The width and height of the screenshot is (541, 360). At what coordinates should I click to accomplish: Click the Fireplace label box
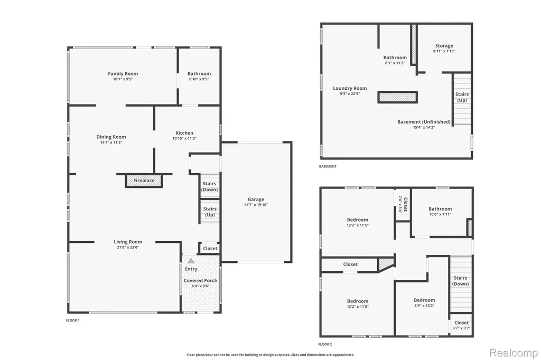tap(144, 181)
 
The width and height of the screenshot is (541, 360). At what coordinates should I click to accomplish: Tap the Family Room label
tap(123, 73)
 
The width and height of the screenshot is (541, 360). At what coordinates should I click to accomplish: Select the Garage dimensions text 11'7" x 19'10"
tap(256, 205)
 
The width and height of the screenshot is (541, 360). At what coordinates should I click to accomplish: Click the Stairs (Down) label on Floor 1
tap(209, 186)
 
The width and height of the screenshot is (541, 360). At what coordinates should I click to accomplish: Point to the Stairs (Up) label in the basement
tap(462, 97)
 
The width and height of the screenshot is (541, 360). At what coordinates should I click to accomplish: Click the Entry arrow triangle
tap(191, 261)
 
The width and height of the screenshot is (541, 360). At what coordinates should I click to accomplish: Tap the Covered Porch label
tap(200, 281)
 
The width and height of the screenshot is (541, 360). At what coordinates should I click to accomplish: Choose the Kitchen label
tap(184, 133)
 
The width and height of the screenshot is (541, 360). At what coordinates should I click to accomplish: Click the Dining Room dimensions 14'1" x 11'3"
tap(111, 143)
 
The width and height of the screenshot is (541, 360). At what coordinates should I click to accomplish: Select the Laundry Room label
tap(350, 88)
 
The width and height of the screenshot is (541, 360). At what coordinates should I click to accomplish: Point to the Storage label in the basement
tap(444, 45)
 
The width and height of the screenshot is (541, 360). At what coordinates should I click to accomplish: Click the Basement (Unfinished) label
tap(424, 122)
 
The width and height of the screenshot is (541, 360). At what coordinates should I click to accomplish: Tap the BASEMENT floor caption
tap(328, 167)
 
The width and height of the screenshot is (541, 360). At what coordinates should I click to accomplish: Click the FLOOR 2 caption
tap(325, 344)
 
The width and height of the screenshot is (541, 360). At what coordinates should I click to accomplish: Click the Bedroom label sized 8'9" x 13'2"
tap(424, 300)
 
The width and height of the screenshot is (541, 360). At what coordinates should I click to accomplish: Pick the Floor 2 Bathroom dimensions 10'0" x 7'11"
tap(440, 214)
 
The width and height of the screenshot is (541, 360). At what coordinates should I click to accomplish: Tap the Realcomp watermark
tap(514, 353)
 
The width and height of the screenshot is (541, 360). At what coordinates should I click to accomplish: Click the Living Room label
tap(128, 242)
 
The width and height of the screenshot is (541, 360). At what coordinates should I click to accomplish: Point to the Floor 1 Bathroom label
tap(199, 73)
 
